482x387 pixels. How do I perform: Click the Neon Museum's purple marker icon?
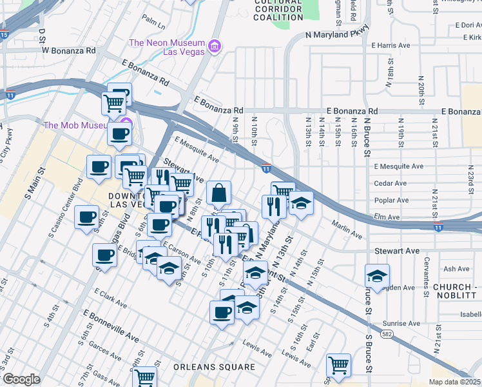(x=215, y=46)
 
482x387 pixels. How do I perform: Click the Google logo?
(x=21, y=379)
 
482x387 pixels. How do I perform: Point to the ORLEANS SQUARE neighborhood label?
(x=214, y=367)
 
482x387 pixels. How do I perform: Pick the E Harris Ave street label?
(x=390, y=46)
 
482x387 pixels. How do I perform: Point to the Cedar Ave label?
(x=390, y=183)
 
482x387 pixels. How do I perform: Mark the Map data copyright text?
(x=455, y=382)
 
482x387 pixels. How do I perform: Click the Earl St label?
(x=314, y=341)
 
